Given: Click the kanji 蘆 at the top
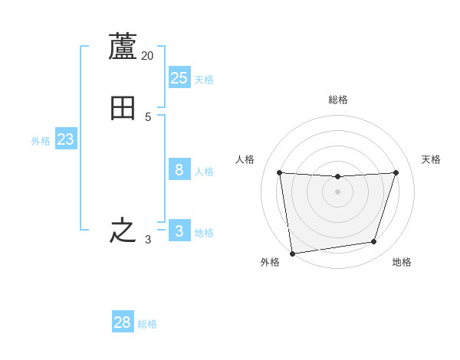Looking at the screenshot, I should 123,47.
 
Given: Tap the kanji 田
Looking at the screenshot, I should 123,109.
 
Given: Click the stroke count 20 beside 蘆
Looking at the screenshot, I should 148,56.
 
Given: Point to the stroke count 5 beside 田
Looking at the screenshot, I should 148,117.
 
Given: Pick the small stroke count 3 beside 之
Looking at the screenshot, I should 148,240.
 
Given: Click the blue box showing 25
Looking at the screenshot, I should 179,77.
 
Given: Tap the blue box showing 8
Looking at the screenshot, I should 179,169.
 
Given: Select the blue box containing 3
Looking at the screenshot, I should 179,231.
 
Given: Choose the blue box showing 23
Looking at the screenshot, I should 66,139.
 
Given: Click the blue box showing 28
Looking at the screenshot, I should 123,322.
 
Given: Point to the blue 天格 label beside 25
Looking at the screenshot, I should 204,80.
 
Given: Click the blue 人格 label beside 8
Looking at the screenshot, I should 204,172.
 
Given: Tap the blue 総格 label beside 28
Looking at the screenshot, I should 147,325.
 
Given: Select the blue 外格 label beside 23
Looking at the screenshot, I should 41,141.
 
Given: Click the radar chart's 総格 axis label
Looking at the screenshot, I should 337,100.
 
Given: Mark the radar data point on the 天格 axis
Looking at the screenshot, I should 396,172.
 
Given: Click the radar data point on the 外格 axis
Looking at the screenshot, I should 292,253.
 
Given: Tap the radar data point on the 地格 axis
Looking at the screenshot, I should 373,241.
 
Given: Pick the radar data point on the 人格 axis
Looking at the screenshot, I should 279,172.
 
